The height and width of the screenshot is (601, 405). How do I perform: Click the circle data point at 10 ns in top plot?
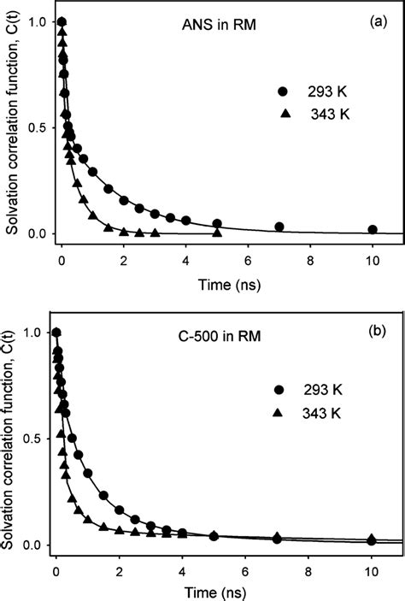pyautogui.click(x=372, y=229)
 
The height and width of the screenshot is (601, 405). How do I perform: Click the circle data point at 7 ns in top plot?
pyautogui.click(x=279, y=227)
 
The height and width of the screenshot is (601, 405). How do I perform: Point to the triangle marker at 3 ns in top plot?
pyautogui.click(x=155, y=233)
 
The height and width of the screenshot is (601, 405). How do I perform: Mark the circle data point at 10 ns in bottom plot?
pyautogui.click(x=372, y=539)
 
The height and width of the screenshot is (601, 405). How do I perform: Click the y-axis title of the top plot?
pyautogui.click(x=12, y=127)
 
